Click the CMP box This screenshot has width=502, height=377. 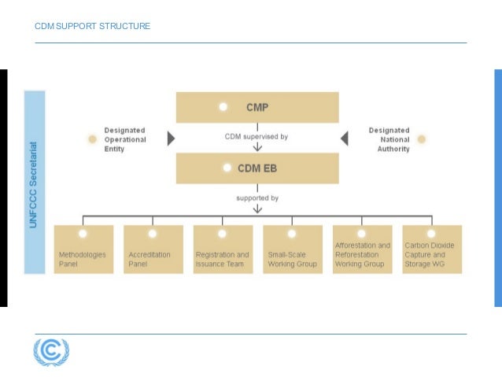(x=257, y=107)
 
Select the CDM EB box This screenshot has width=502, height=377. (x=257, y=168)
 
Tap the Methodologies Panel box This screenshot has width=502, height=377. (x=83, y=249)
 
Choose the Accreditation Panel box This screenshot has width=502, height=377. (x=153, y=249)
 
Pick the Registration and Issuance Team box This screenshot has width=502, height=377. (x=223, y=249)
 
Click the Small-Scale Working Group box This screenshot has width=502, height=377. (x=292, y=249)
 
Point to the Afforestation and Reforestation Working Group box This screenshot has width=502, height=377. (x=362, y=249)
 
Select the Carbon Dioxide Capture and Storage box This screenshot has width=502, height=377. (x=431, y=249)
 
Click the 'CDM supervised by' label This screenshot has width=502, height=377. (x=257, y=136)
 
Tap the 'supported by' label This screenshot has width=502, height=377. (x=257, y=198)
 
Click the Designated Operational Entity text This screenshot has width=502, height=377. (x=125, y=139)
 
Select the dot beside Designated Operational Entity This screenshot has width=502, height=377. (x=92, y=139)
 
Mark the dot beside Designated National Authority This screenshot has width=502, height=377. (x=422, y=139)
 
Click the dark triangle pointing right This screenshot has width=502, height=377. (x=171, y=139)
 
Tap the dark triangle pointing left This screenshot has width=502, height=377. (x=344, y=139)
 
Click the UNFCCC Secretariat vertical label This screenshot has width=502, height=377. (x=35, y=181)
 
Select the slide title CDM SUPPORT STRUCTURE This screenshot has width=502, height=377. (x=93, y=27)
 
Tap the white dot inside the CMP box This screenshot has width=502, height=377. (x=223, y=106)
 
